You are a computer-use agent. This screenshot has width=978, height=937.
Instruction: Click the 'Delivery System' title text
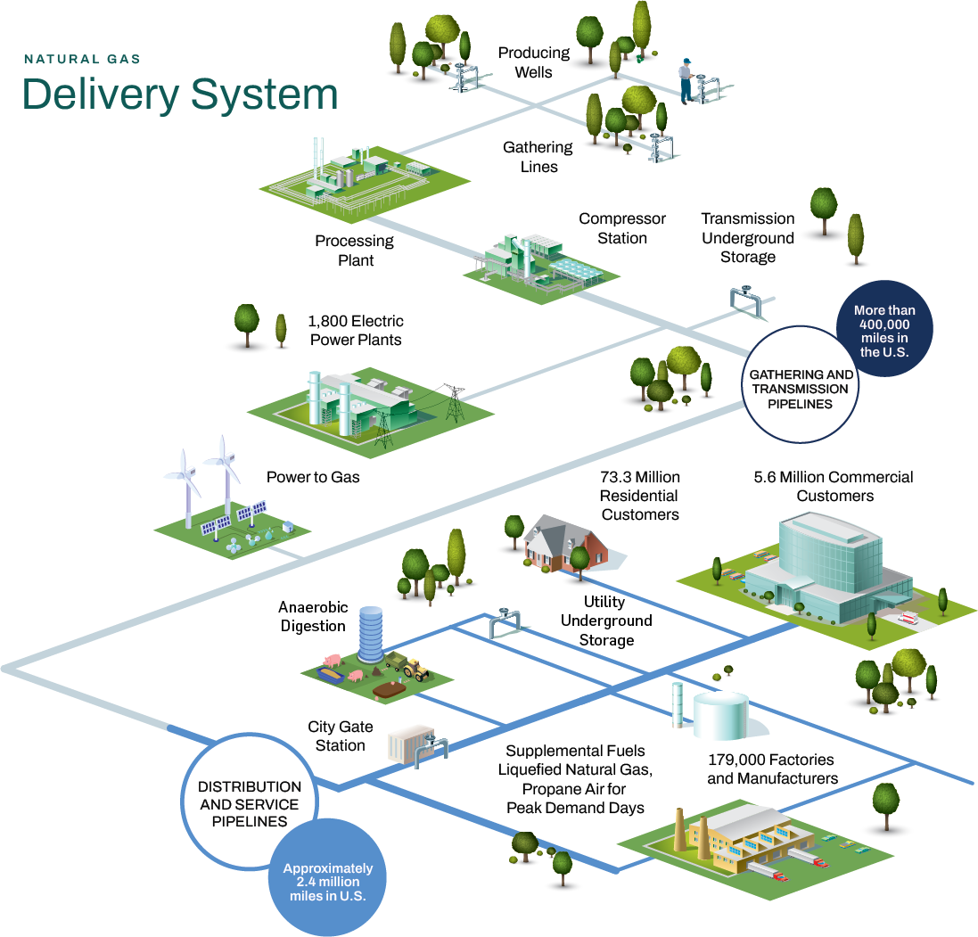(x=180, y=95)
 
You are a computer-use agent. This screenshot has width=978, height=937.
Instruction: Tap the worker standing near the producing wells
(x=686, y=81)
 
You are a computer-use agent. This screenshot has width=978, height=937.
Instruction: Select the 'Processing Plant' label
(x=355, y=251)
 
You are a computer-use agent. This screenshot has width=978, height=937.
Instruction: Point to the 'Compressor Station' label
(x=622, y=228)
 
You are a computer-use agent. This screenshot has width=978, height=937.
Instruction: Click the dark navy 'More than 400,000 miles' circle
(x=884, y=329)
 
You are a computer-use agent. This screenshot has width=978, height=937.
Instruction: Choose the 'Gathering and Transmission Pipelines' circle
(x=801, y=384)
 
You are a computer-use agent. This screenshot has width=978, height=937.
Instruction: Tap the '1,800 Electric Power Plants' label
(x=356, y=330)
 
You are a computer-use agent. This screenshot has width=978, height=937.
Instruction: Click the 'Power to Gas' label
(x=313, y=477)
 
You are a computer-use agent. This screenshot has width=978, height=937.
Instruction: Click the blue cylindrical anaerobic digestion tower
(x=371, y=634)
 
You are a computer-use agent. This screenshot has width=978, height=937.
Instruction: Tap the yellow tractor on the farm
(x=415, y=670)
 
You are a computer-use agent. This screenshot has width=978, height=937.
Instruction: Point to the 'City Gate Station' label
(x=340, y=736)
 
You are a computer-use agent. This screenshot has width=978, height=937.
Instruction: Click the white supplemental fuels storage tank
(x=720, y=715)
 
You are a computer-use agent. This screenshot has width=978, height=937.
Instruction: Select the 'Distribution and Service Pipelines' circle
(x=250, y=801)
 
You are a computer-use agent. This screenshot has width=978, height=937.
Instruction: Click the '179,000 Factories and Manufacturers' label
(x=772, y=769)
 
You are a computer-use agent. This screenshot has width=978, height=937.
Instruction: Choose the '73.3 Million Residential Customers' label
(x=640, y=496)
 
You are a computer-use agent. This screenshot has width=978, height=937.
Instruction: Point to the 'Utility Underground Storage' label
(x=606, y=621)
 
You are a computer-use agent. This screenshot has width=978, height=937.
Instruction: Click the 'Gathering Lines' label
(x=538, y=157)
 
